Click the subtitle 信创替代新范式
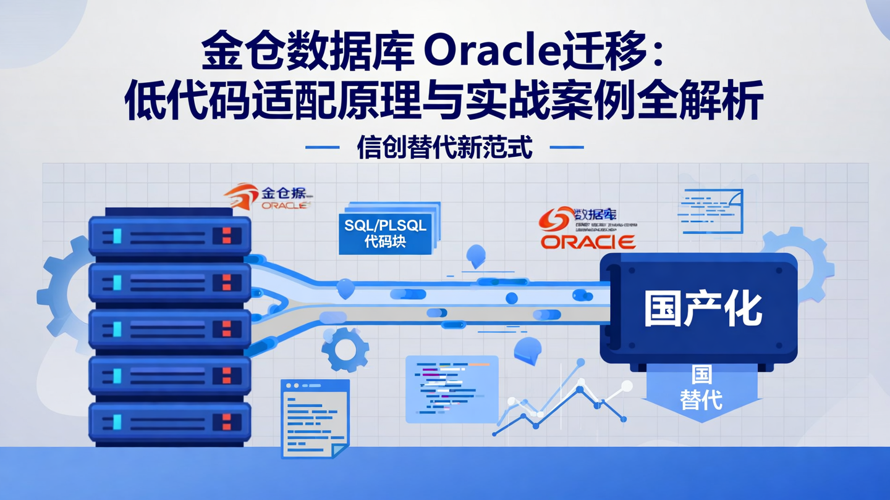444,148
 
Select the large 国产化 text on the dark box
703,309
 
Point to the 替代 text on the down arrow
701,399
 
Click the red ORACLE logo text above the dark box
588,241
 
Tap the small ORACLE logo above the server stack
285,205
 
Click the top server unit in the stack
170,235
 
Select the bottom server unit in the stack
170,422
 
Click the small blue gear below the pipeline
345,349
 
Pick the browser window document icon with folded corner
315,418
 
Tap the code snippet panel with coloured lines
452,389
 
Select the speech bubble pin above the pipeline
475,256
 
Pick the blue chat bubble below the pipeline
527,350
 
